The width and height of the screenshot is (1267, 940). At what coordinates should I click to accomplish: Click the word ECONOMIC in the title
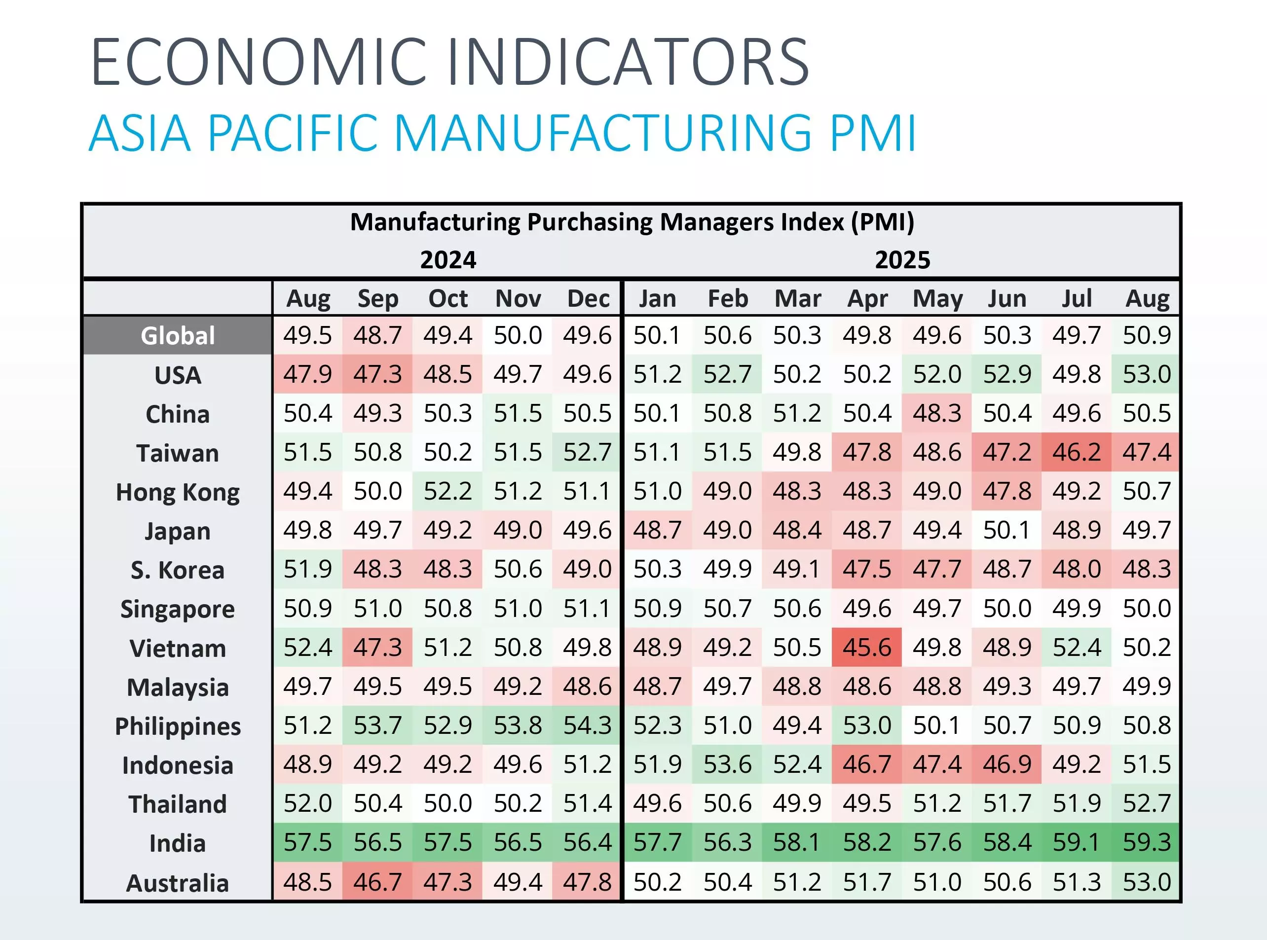tap(259, 62)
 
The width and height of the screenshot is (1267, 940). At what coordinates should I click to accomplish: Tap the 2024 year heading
tap(448, 260)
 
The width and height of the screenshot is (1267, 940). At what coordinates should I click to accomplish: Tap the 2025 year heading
tap(902, 260)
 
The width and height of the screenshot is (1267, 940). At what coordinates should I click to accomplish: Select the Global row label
tap(178, 336)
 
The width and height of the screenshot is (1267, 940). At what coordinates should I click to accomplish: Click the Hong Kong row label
tap(178, 492)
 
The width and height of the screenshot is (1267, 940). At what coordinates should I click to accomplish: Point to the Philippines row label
tap(178, 726)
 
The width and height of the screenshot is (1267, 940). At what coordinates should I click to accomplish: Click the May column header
tap(937, 299)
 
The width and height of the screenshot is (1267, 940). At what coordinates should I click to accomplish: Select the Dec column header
tap(588, 299)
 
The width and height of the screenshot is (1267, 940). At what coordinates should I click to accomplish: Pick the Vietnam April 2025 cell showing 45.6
tap(867, 648)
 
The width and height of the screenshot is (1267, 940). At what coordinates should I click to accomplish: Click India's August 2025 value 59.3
tap(1146, 842)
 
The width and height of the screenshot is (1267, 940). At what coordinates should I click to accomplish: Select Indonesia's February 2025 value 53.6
tap(727, 764)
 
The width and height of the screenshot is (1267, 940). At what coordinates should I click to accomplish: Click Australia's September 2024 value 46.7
tap(377, 882)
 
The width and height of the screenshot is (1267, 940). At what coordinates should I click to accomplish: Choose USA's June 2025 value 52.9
tap(1007, 374)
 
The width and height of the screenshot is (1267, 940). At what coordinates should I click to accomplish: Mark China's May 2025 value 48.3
tap(937, 413)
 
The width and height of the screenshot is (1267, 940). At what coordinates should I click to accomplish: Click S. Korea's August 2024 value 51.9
tap(307, 569)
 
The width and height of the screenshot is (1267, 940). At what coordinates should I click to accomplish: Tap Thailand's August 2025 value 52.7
tap(1146, 803)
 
